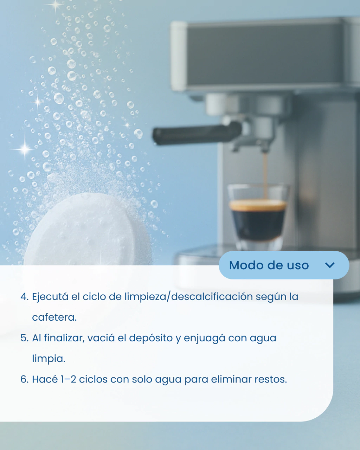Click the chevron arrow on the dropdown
(x=330, y=265)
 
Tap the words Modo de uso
(x=269, y=265)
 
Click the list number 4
(x=25, y=297)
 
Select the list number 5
(x=25, y=338)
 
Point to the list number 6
(x=25, y=379)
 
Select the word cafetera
(x=54, y=317)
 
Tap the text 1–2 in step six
(x=68, y=379)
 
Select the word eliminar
(x=231, y=379)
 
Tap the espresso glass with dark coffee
(x=258, y=218)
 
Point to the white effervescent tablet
(x=88, y=230)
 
